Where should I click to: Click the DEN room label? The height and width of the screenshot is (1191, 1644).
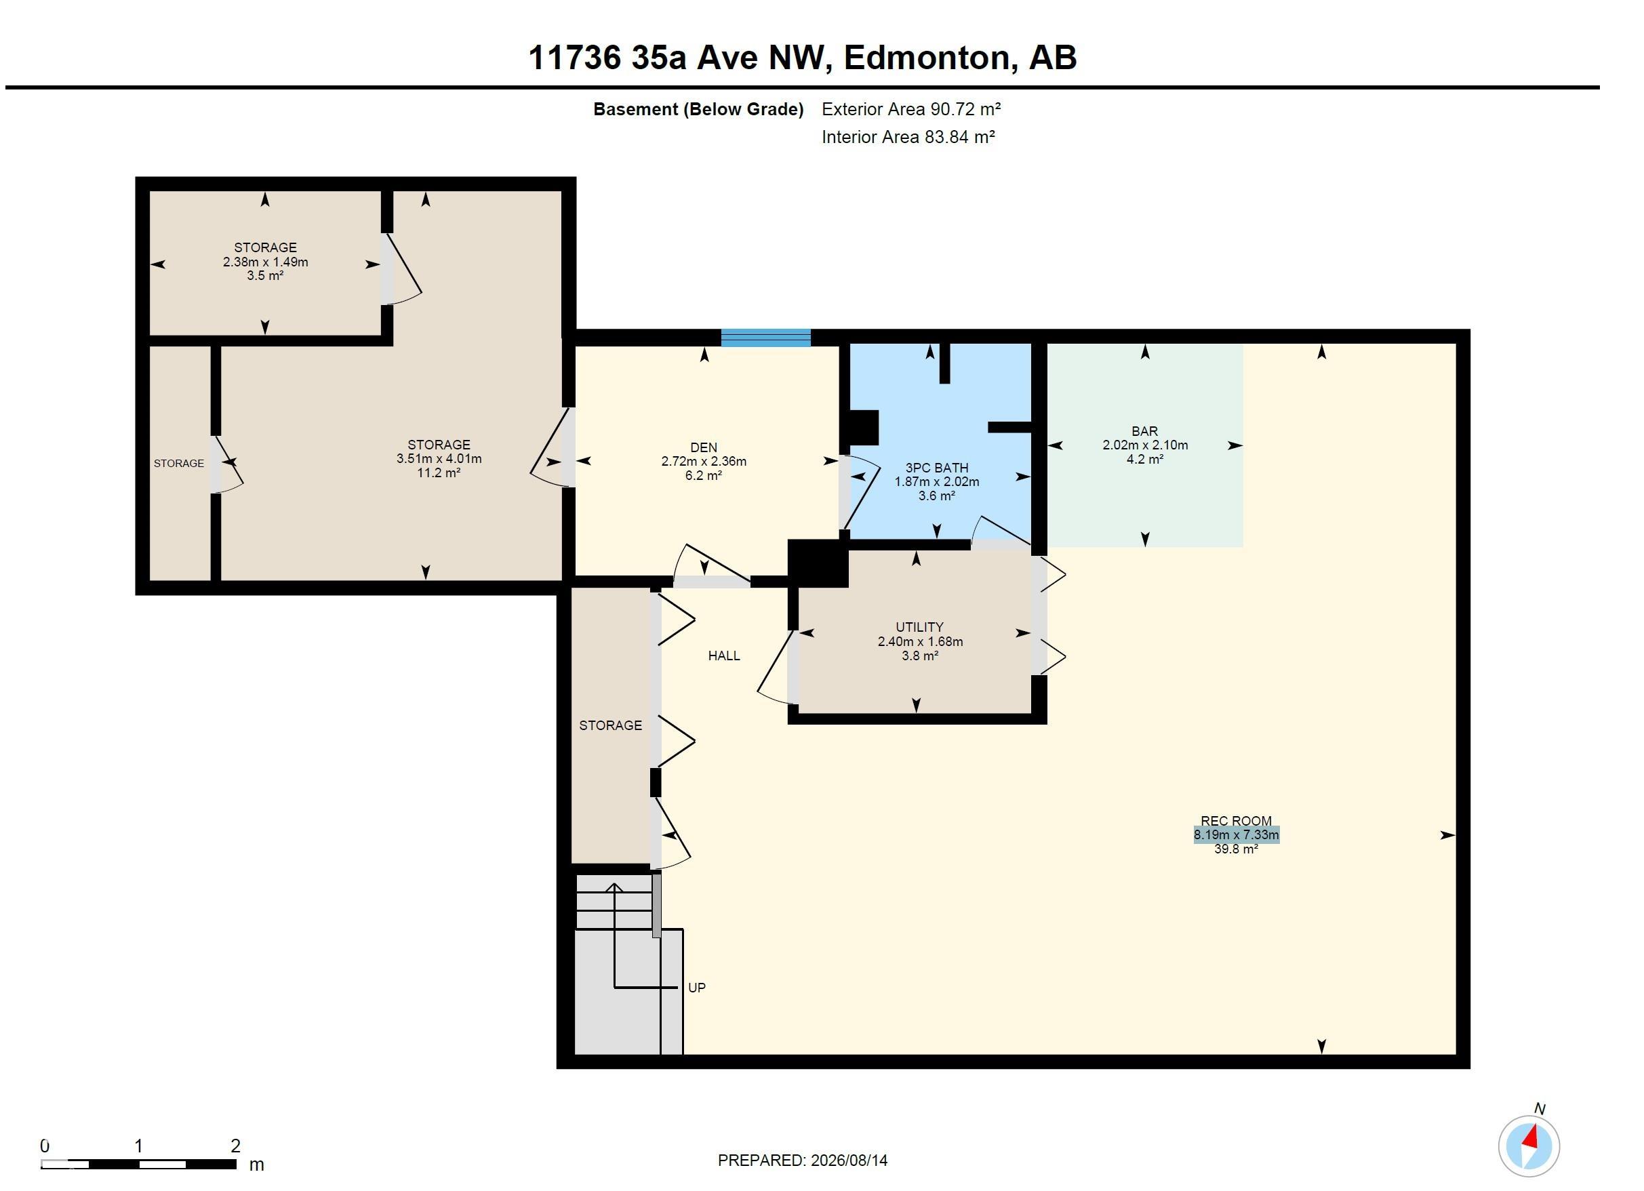tap(704, 447)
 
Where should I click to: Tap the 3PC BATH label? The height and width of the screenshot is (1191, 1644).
tap(936, 468)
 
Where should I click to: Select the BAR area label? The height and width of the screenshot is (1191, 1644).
tap(1144, 431)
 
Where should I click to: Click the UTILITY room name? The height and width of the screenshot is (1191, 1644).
tap(919, 627)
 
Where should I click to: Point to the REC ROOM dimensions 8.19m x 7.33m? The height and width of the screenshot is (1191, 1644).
tap(1236, 834)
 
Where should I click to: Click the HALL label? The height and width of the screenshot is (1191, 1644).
tap(723, 655)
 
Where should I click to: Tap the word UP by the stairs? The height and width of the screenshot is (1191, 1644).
tap(697, 988)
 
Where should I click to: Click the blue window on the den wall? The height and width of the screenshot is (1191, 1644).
tap(765, 338)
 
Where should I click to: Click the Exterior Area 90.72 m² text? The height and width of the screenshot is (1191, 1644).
tap(911, 109)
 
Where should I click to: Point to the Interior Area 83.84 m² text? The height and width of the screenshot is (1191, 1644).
tap(908, 137)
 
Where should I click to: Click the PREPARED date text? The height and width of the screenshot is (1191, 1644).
tap(803, 1160)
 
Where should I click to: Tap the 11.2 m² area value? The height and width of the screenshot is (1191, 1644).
tap(439, 472)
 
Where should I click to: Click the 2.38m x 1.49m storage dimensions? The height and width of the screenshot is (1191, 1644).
tap(265, 262)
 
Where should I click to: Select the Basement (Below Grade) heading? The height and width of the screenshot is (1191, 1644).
tap(698, 109)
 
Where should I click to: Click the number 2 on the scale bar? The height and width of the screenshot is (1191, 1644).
tap(235, 1146)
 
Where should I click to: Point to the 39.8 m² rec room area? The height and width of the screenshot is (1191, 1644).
tap(1236, 849)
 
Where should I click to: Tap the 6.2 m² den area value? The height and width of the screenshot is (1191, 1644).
tap(703, 476)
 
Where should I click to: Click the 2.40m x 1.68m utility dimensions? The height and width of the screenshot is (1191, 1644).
tap(920, 641)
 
